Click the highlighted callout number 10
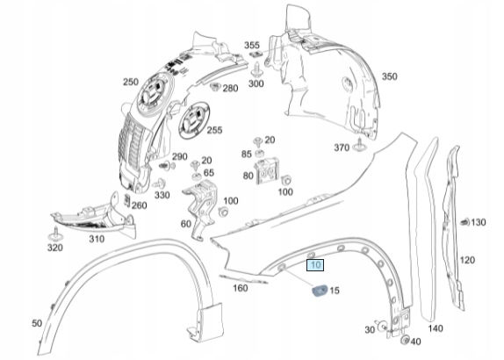click(315, 265)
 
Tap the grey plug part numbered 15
click(320, 291)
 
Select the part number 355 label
click(252, 45)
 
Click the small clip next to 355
click(256, 54)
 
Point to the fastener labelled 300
click(257, 68)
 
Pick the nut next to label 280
click(215, 86)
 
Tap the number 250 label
click(131, 82)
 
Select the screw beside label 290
click(167, 166)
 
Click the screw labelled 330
click(160, 184)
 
